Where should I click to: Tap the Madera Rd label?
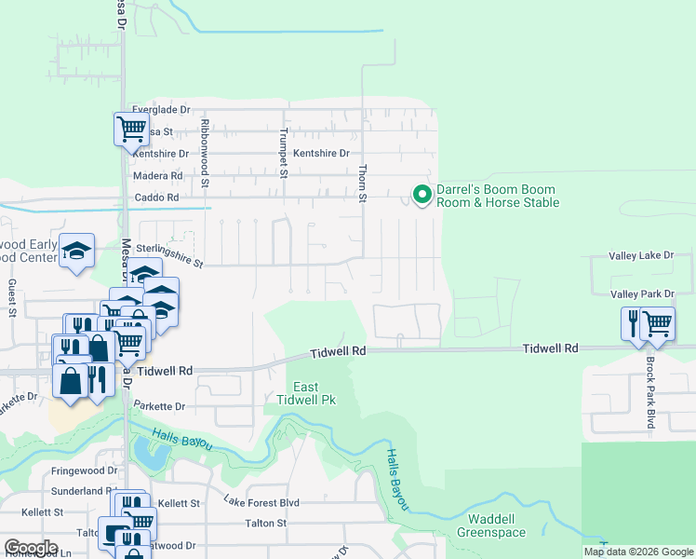[x=157, y=176]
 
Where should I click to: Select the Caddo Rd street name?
[x=155, y=198]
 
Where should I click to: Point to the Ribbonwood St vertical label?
[x=207, y=148]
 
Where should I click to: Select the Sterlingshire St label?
[x=169, y=256]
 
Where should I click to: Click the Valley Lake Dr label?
[x=641, y=255]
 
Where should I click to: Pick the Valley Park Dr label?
[x=641, y=294]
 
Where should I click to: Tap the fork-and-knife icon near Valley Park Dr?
[x=634, y=323]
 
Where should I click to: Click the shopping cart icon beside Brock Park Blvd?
[x=658, y=323]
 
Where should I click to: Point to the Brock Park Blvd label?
[x=650, y=392]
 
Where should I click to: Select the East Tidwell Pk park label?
[x=306, y=393]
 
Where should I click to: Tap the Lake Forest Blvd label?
[x=261, y=502]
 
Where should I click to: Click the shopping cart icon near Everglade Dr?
[x=132, y=129]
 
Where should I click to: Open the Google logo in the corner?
[x=31, y=548]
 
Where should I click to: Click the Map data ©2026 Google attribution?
[x=637, y=552]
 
